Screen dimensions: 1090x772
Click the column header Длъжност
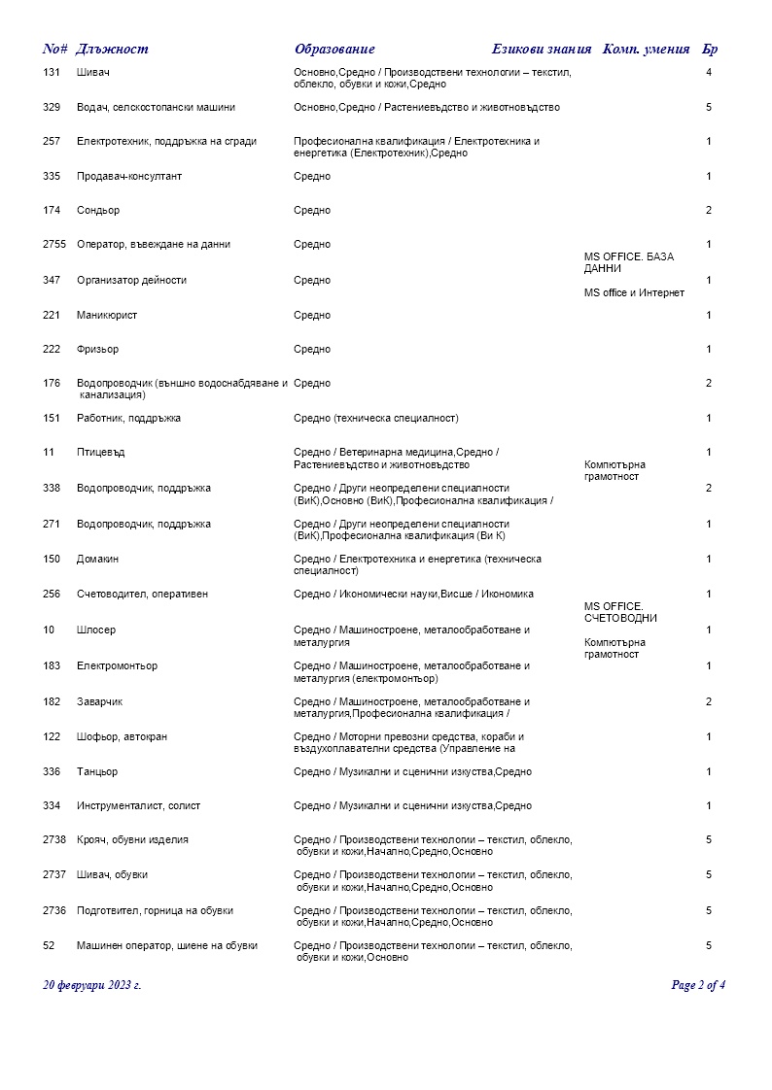pos(112,50)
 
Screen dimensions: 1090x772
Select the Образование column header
pos(334,50)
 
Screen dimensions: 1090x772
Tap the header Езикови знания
pos(542,50)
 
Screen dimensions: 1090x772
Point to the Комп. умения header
pos(647,50)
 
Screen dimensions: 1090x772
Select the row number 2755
pos(54,245)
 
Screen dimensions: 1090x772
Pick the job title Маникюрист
pos(107,316)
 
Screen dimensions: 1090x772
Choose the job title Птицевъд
pos(100,453)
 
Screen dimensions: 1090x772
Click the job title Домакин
pos(97,560)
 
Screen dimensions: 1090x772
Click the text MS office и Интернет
pos(634,293)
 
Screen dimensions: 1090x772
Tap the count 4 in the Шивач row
pos(709,73)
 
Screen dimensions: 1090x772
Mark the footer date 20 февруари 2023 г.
pos(92,985)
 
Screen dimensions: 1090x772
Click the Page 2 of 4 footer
pos(698,985)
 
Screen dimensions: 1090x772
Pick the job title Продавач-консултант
pos(129,177)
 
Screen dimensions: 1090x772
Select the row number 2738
pos(54,840)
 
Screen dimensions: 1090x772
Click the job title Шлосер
pos(96,630)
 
